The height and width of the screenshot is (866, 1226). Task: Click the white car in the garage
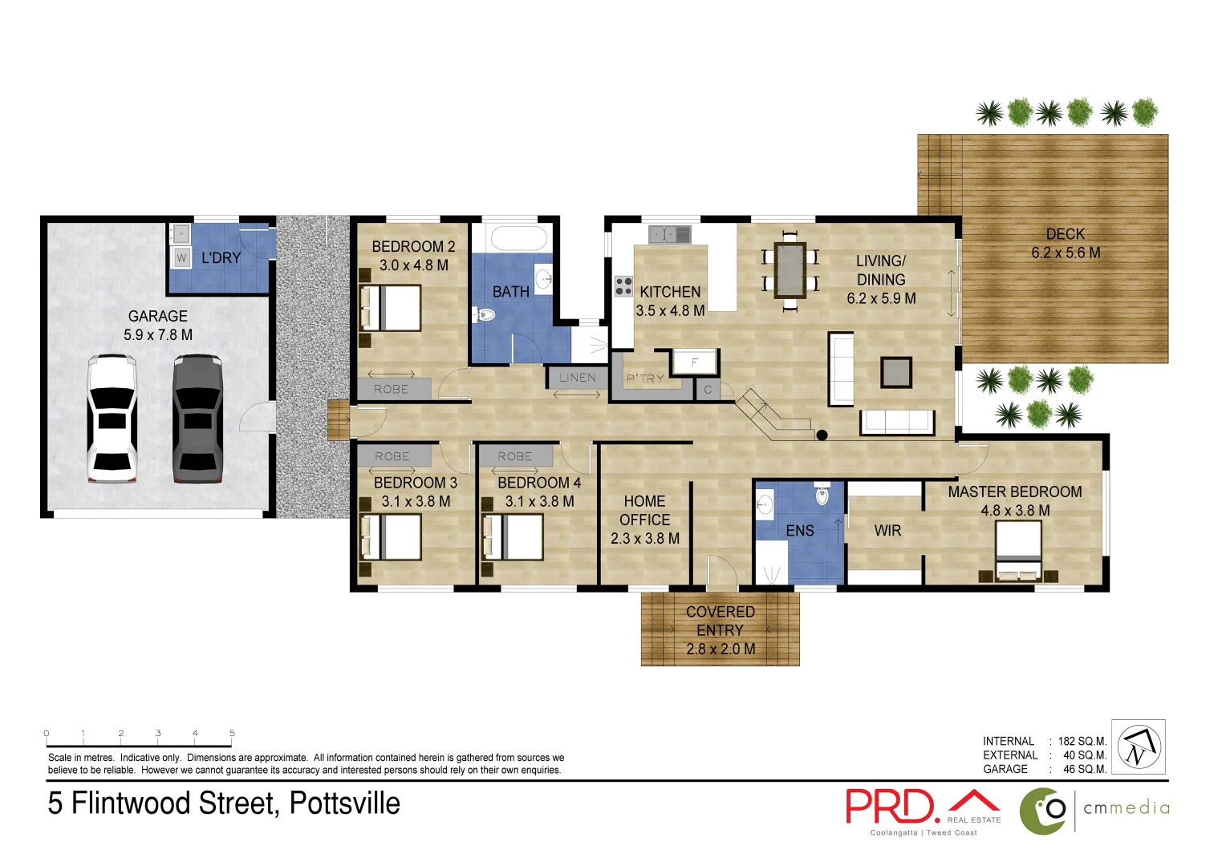click(112, 419)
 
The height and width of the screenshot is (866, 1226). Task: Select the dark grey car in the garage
click(197, 419)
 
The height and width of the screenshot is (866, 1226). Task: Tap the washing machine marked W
click(181, 257)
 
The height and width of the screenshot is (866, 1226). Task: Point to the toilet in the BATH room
click(483, 315)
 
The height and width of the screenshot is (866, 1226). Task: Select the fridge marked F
click(695, 362)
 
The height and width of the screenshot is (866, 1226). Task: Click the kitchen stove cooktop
click(623, 286)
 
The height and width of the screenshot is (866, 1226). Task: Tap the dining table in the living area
click(790, 269)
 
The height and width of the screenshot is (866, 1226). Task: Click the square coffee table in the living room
click(896, 373)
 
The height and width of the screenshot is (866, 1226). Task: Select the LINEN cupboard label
click(578, 378)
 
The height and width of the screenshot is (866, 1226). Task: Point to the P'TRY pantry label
click(645, 378)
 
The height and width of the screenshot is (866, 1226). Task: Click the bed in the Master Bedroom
click(1018, 551)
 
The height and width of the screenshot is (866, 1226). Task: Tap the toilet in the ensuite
click(822, 495)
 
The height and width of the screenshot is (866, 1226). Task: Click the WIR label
click(887, 531)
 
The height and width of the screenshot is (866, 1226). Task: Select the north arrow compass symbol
click(1138, 747)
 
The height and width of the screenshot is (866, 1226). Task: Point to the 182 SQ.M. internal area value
click(1082, 742)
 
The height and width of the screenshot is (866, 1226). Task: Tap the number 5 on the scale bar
click(232, 733)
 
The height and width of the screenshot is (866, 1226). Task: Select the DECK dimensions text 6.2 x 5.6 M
click(1066, 253)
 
